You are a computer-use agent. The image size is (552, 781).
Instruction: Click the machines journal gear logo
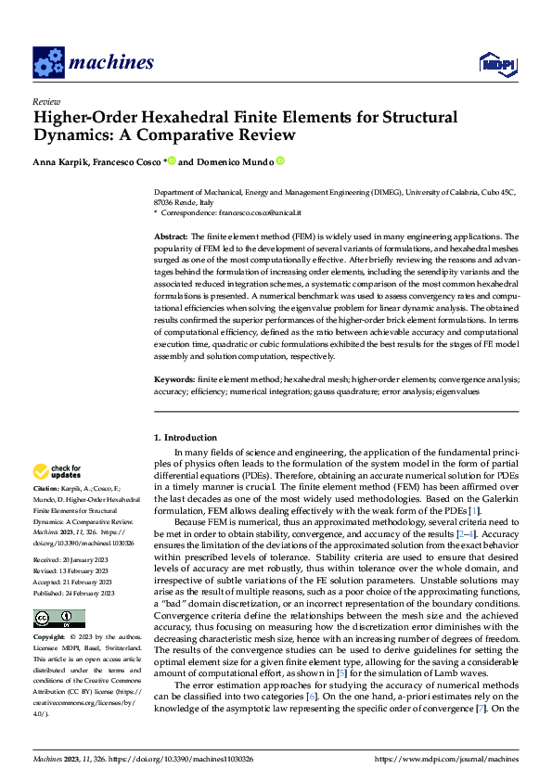point(47,63)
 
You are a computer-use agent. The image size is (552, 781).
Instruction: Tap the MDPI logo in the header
point(496,63)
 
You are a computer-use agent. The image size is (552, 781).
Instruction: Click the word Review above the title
point(45,101)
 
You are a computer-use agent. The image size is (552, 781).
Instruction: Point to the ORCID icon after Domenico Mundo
point(280,161)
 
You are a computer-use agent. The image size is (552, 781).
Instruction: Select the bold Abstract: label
point(172,237)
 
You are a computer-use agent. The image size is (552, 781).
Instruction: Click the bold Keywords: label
point(174,379)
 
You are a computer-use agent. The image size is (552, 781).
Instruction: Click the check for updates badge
point(58,471)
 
